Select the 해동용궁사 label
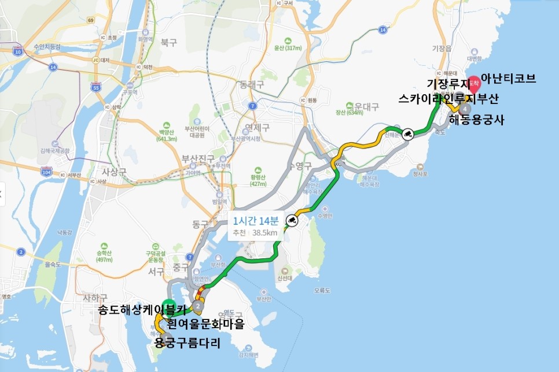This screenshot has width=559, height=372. coord(477,120)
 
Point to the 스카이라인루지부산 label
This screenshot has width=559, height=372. coord(448,99)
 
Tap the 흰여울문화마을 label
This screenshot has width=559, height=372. coord(205,323)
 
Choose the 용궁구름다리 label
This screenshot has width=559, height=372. coord(189,343)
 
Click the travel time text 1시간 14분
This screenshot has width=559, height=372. coord(256,220)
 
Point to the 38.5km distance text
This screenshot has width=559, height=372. coord(265,233)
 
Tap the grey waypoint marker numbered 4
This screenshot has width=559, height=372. coord(464,108)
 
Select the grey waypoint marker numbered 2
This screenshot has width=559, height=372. coord(198,306)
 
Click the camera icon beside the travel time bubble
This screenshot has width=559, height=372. coord(292,221)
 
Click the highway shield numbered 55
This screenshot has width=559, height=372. coord(95,88)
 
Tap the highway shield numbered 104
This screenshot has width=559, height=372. coord(47,172)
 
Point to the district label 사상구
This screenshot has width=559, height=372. coord(113,172)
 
